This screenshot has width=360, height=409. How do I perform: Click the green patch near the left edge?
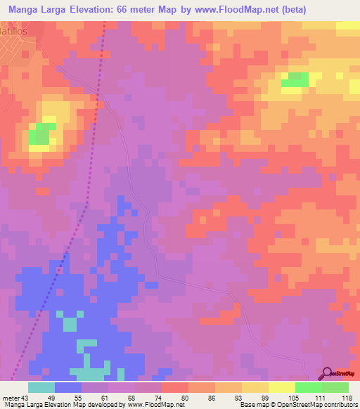[x=42, y=134]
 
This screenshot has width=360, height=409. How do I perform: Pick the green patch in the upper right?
[x=295, y=79]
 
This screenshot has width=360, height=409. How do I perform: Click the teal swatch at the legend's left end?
[x=41, y=387]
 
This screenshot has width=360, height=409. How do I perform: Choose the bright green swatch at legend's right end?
[x=335, y=387]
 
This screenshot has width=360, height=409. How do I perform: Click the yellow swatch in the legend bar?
[x=282, y=387]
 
